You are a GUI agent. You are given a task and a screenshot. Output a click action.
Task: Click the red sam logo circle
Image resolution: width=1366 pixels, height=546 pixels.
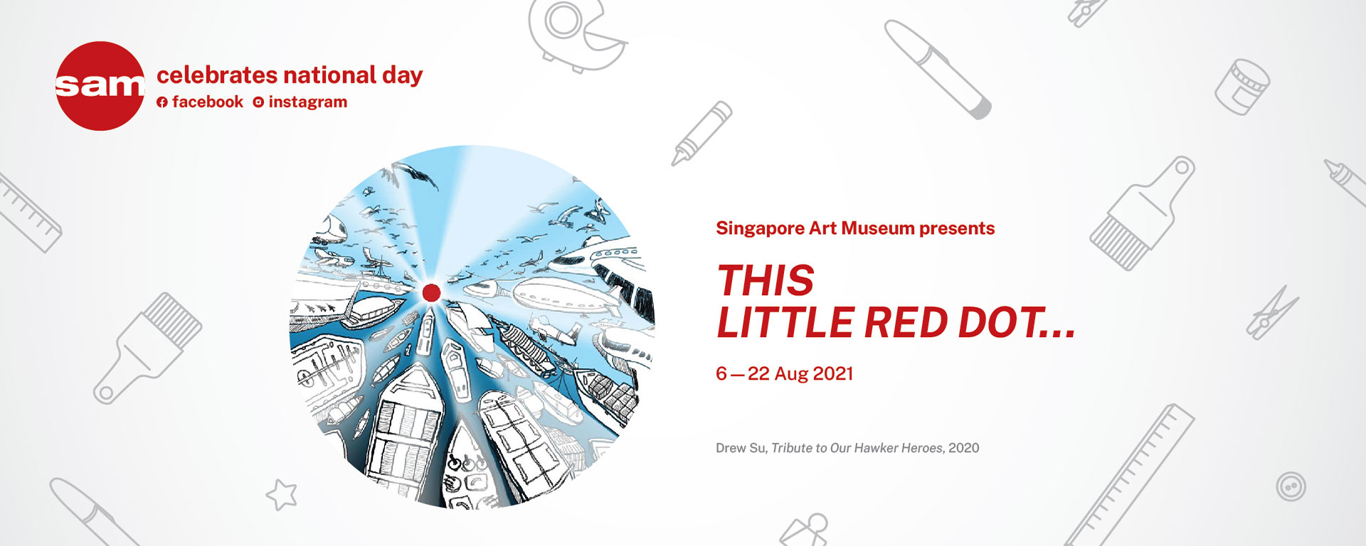100,86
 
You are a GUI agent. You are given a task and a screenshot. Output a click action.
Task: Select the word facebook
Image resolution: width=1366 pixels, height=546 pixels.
207,102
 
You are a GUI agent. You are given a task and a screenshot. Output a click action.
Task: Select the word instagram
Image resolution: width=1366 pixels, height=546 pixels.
308,102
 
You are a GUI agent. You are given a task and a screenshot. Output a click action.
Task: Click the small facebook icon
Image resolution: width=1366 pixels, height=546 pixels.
162,102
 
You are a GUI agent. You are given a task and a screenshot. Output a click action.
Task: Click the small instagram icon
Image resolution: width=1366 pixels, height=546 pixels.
258,102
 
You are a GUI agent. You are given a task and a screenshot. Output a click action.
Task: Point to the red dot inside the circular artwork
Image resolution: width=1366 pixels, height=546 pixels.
431,292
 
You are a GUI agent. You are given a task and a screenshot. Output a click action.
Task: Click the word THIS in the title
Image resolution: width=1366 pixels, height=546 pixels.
766,280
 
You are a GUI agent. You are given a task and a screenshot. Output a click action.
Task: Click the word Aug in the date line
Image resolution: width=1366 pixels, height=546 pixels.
790,374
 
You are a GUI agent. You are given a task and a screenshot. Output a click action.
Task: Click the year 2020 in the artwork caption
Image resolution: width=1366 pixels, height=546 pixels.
964,448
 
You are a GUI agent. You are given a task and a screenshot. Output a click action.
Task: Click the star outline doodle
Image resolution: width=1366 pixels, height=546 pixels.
282,495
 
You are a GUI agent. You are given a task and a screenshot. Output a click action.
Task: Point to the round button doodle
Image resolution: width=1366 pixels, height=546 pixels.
1291,487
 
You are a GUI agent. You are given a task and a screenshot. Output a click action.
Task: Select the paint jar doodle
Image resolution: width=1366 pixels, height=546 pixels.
1242,87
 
